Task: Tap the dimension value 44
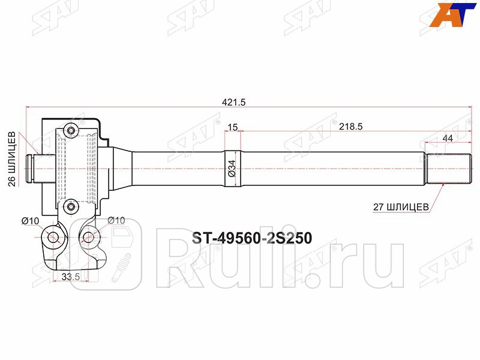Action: click(x=447, y=139)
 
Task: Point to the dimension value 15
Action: click(x=233, y=126)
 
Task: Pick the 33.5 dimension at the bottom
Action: click(x=71, y=276)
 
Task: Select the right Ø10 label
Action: click(x=116, y=221)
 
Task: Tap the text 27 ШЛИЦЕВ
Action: click(x=401, y=206)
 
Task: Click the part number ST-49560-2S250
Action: click(x=251, y=238)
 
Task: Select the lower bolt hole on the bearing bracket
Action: click(x=71, y=208)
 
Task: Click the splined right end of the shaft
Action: click(x=448, y=169)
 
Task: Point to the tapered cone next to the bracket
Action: click(x=122, y=169)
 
